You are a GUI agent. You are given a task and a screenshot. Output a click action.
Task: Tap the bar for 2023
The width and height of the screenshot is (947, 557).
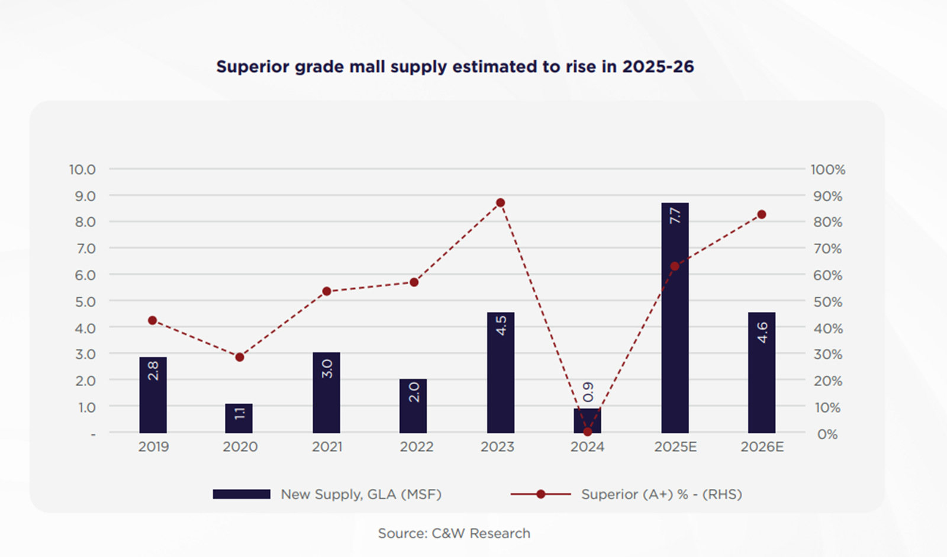click(x=501, y=372)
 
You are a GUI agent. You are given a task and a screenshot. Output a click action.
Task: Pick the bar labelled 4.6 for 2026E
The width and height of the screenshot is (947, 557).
click(x=762, y=372)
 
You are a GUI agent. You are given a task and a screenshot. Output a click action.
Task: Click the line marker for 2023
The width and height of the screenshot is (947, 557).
click(x=501, y=203)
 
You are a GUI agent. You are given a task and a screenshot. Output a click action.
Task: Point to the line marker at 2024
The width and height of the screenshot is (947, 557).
click(x=588, y=432)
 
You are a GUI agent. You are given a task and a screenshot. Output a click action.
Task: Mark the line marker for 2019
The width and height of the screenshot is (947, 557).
click(x=153, y=320)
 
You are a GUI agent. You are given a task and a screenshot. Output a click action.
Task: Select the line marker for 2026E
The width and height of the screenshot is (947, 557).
click(x=762, y=215)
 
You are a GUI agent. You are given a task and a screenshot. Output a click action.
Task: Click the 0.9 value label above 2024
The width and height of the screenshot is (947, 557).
click(x=588, y=391)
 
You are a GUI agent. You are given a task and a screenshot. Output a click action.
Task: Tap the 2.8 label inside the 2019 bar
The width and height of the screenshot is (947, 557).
click(x=153, y=371)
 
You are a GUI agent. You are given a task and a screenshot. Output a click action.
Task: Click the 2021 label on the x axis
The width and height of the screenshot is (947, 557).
click(x=327, y=447)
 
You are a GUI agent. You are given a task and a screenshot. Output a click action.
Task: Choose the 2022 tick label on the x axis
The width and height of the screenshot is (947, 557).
click(x=416, y=447)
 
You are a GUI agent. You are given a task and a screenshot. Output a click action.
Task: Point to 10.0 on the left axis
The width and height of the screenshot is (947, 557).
click(x=82, y=170)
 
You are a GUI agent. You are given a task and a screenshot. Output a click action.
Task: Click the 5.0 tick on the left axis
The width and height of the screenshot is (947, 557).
click(x=85, y=302)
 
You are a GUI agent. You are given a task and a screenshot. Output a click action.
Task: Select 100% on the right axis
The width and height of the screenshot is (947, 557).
click(x=827, y=170)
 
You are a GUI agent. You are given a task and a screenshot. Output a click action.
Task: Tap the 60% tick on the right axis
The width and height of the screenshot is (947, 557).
click(x=827, y=275)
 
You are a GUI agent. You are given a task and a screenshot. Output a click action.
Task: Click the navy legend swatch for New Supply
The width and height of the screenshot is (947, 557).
click(x=241, y=494)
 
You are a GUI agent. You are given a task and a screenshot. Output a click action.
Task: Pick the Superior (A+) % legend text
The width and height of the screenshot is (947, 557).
click(x=661, y=494)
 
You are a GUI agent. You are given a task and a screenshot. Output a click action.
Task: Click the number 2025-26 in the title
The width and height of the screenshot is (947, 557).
click(x=658, y=66)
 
